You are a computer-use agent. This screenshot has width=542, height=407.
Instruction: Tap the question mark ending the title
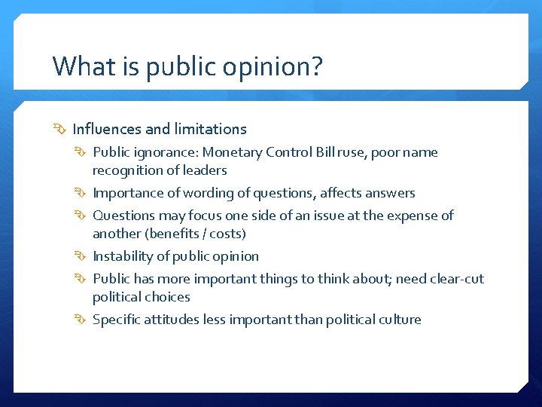316,66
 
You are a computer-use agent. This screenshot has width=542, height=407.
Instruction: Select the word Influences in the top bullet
106,129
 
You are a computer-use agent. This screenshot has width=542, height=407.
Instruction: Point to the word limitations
210,129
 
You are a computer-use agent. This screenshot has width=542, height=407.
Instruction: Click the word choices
167,297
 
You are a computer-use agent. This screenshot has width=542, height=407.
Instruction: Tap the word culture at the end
397,320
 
